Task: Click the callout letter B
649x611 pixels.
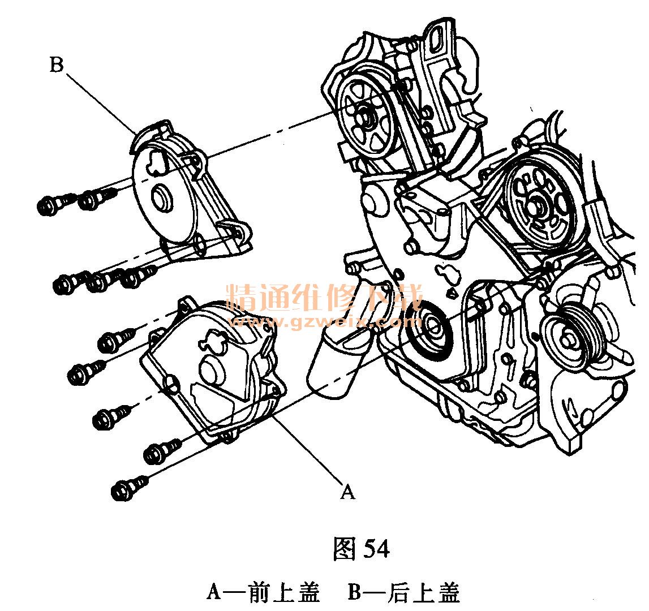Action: [x=57, y=65]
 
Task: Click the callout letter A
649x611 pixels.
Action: [x=347, y=491]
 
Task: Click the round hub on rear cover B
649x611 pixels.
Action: [x=162, y=199]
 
